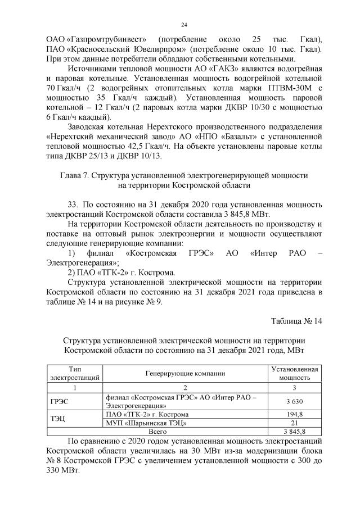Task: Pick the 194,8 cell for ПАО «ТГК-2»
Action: [295, 415]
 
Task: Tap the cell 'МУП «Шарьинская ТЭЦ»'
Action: [147, 423]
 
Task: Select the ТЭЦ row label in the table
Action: [58, 419]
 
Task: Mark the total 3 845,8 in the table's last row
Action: [295, 431]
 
